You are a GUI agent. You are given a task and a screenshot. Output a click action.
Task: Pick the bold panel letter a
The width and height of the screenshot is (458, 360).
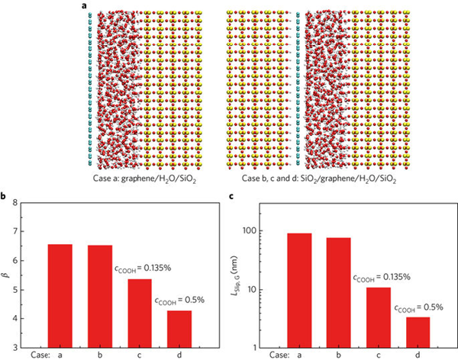click(x=81, y=6)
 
